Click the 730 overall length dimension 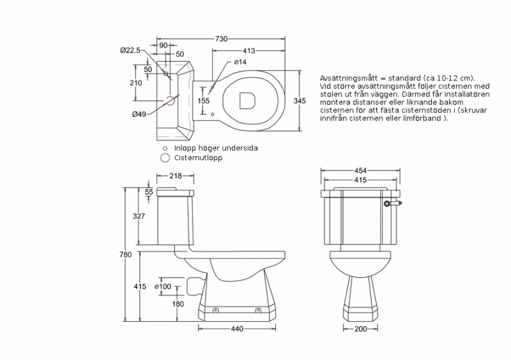221,39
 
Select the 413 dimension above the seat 249,50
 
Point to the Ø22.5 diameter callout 130,50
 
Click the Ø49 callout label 139,114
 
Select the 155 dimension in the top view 202,100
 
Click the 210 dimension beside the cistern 135,83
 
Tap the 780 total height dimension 125,255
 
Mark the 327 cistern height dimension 139,216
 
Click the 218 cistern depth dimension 177,176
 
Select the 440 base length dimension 236,329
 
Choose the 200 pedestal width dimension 361,329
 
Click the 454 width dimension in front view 361,170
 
